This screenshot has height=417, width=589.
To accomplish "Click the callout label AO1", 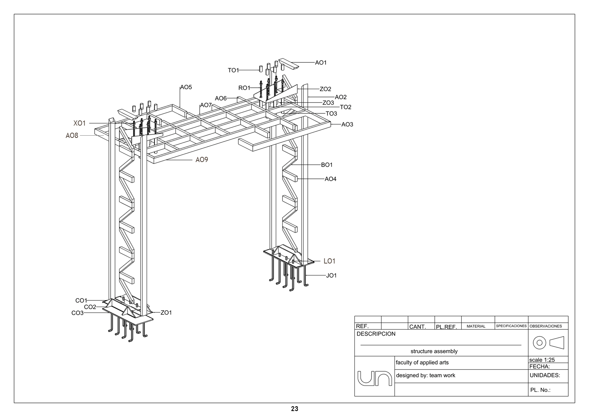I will (321, 63).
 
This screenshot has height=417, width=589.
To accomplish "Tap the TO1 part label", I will (233, 70).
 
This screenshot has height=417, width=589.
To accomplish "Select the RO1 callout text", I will (244, 88).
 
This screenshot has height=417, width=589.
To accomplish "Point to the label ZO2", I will (325, 89).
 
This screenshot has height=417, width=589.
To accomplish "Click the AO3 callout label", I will (347, 125).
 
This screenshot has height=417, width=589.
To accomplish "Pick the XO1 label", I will (79, 123).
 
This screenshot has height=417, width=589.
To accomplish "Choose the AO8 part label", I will (72, 136).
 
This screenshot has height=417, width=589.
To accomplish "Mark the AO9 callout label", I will (202, 160).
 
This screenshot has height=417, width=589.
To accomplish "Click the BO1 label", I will (327, 165).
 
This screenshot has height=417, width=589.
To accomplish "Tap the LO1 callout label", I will (329, 261).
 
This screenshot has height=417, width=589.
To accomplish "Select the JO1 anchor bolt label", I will (331, 276).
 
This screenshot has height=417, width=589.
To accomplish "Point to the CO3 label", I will (77, 313).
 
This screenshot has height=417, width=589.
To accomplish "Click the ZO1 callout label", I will (166, 313).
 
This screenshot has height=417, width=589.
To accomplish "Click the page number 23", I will (294, 409).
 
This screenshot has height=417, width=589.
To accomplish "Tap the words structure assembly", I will (434, 351).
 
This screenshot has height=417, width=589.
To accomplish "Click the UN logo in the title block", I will (374, 378).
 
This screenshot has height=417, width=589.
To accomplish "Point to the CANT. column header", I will (417, 327).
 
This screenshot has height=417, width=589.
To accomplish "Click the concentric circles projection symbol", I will (539, 343).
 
